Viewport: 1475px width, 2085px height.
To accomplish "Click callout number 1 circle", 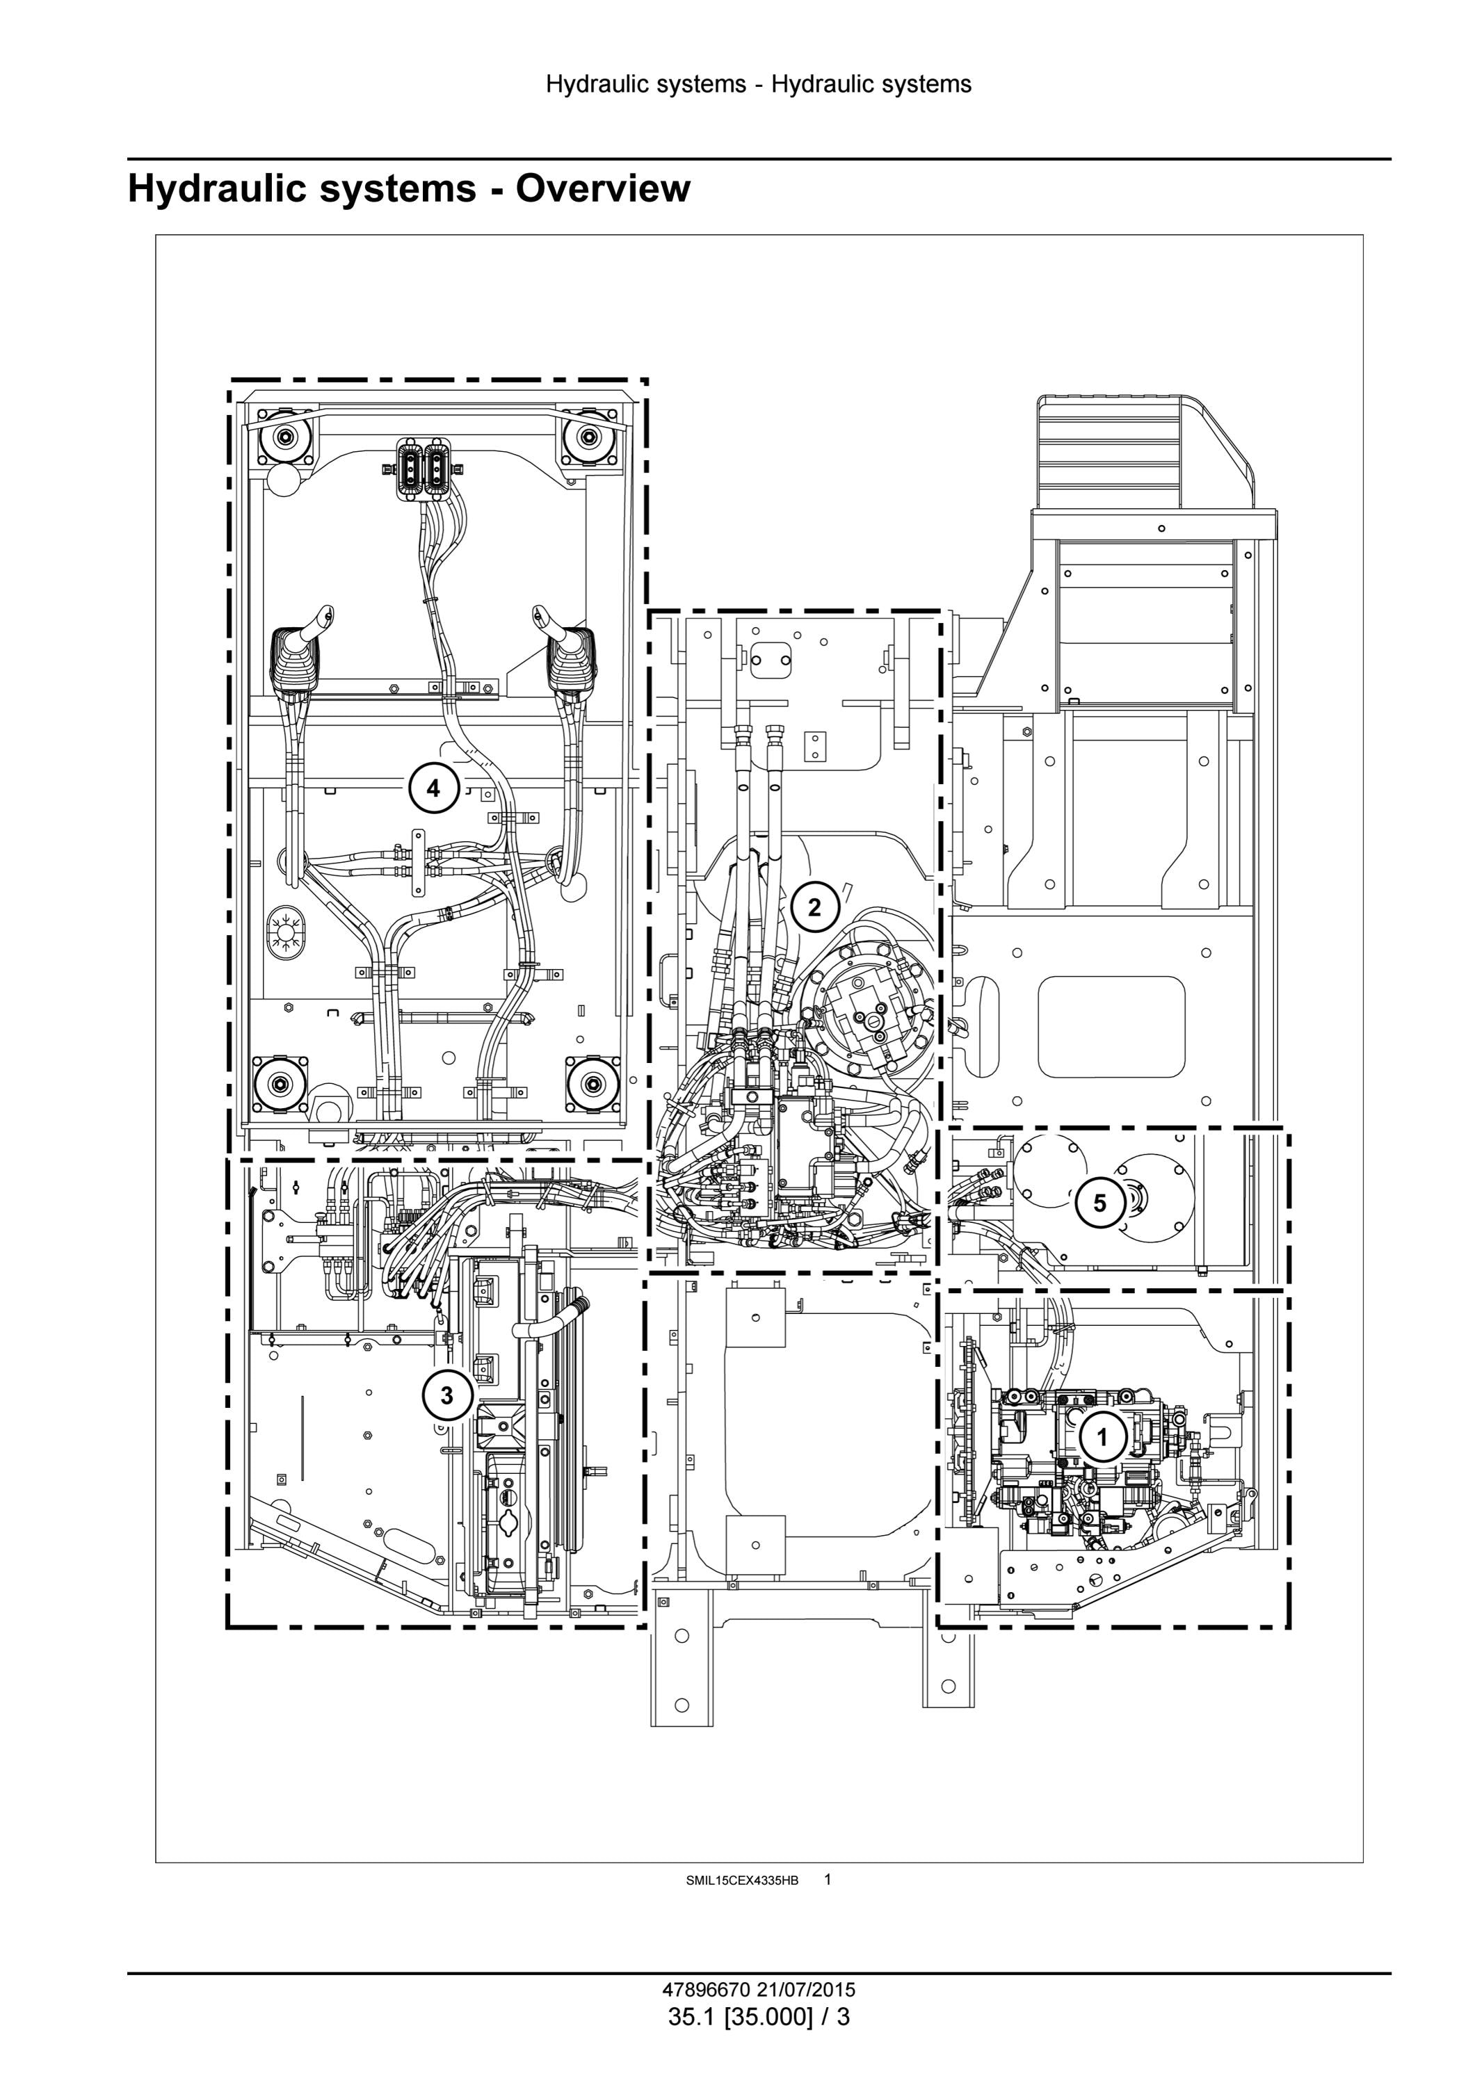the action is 1103,1438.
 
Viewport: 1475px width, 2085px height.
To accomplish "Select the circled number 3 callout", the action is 446,1395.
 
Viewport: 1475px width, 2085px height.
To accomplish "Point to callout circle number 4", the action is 433,788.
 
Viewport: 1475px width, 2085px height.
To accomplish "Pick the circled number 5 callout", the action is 1100,1203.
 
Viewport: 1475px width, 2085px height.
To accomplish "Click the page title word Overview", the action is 603,188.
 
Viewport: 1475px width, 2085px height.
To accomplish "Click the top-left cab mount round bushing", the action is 285,439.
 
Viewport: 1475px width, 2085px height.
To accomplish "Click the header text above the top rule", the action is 759,84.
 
